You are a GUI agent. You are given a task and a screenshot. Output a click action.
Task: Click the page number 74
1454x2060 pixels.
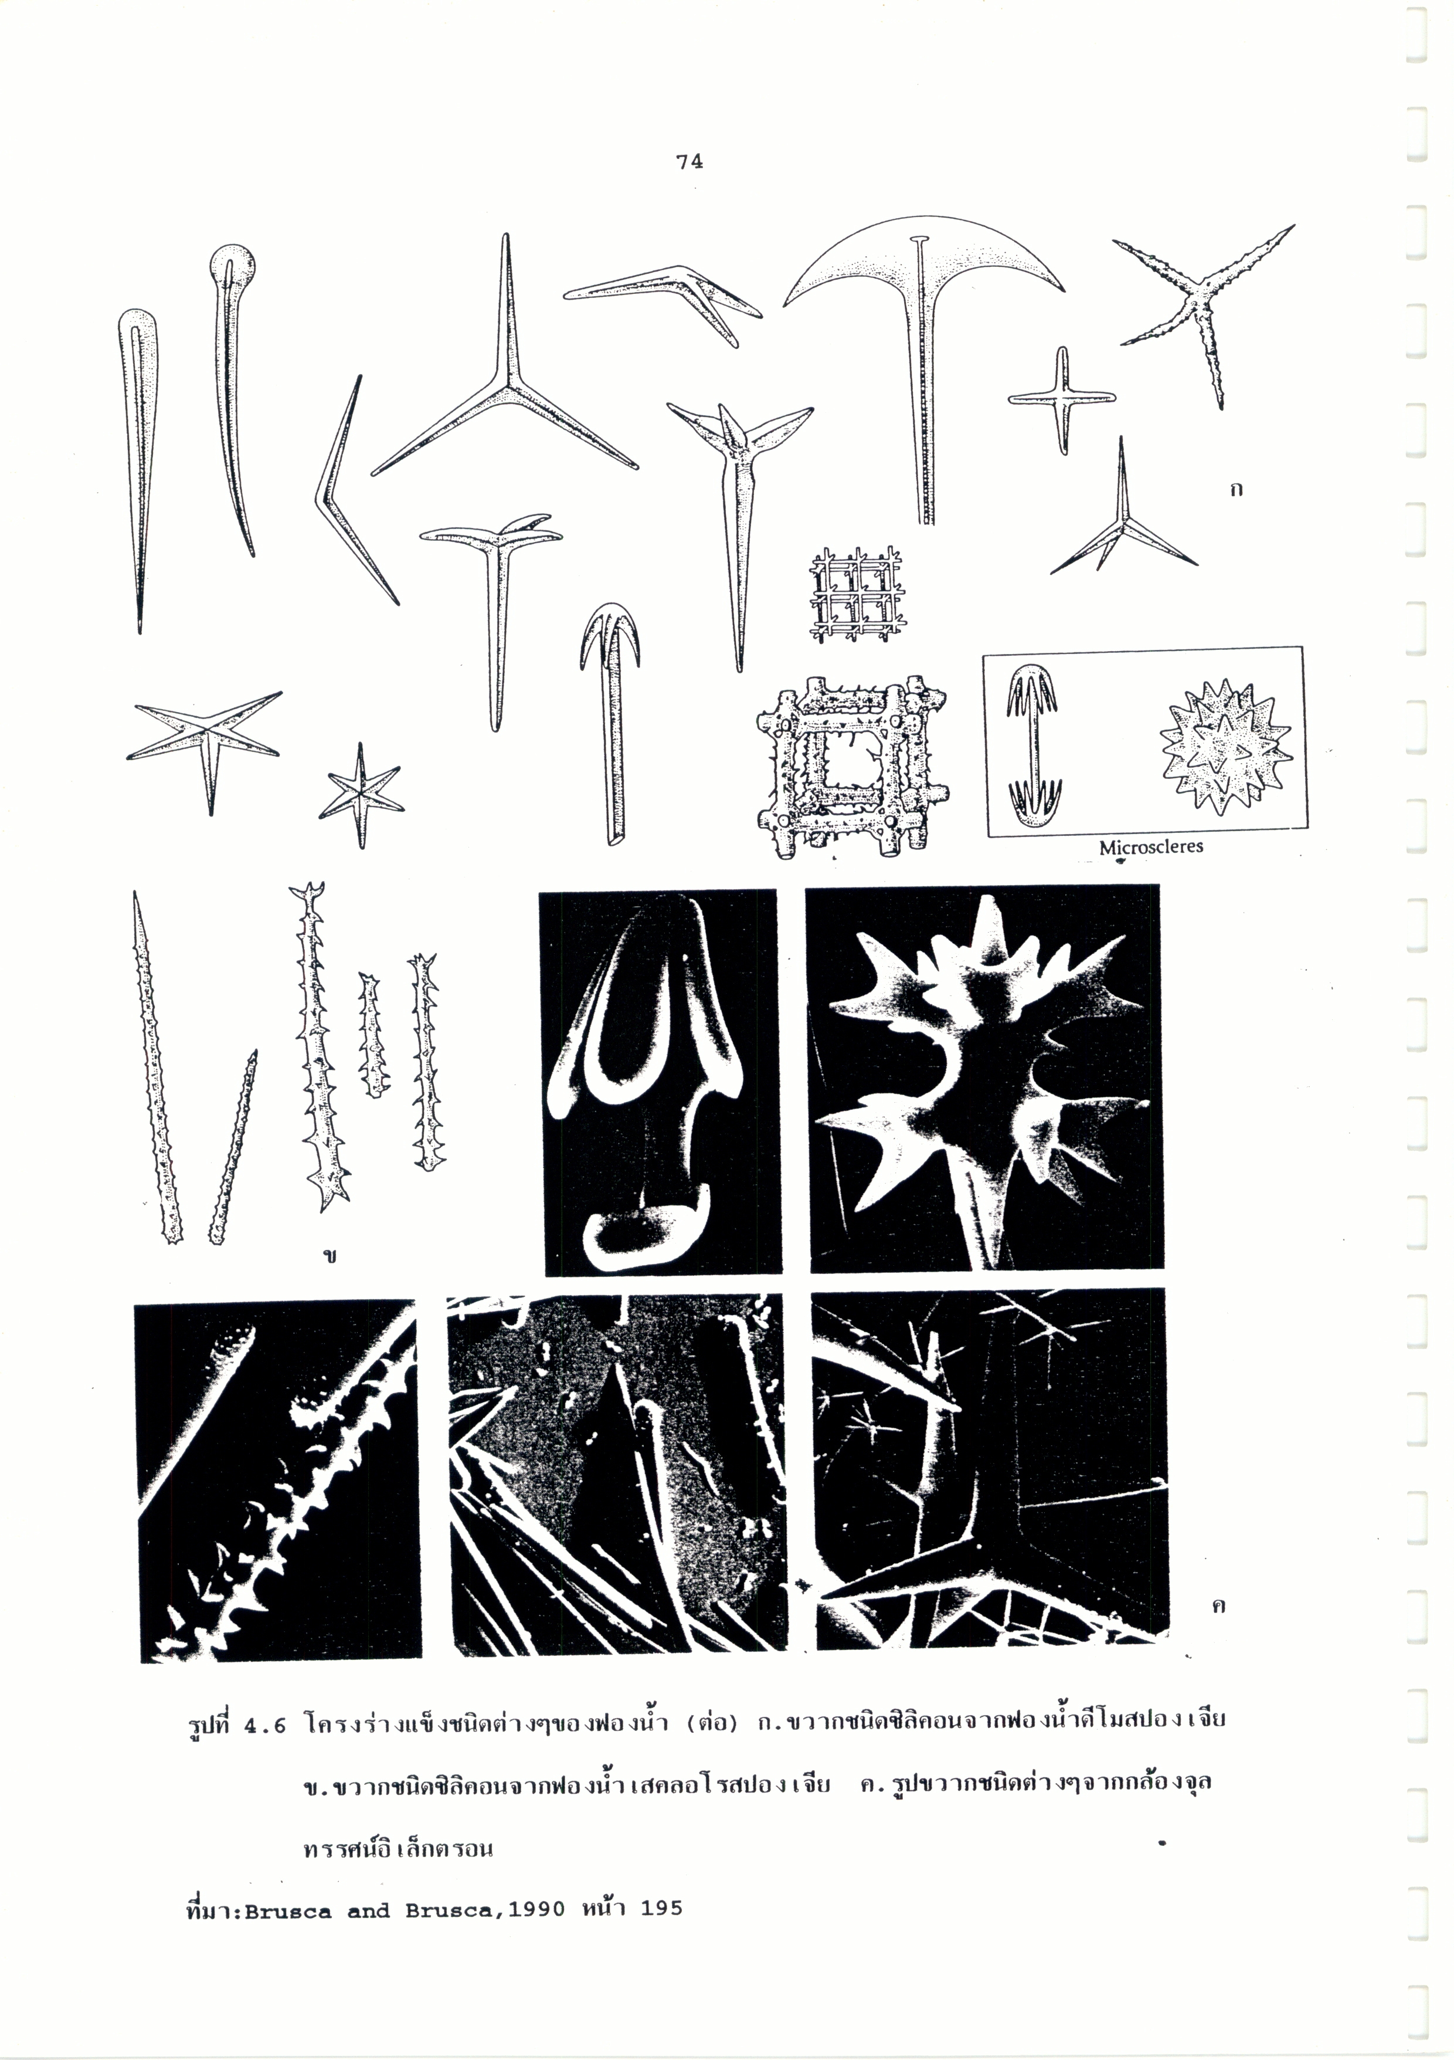pyautogui.click(x=690, y=161)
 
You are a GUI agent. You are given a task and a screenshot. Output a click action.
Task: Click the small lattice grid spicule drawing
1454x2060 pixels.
pyautogui.click(x=856, y=595)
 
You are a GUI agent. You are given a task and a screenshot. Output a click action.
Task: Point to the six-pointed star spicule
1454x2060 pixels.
pyautogui.click(x=361, y=794)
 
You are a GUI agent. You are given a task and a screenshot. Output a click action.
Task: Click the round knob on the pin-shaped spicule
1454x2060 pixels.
pyautogui.click(x=232, y=266)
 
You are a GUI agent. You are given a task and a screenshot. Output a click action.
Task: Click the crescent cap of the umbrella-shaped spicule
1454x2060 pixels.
pyautogui.click(x=924, y=260)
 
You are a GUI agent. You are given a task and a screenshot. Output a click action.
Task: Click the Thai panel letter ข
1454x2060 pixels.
pyautogui.click(x=331, y=1256)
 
